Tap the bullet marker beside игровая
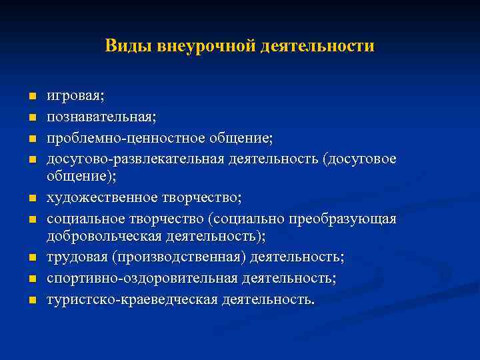(x=31, y=97)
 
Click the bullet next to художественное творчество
(x=31, y=199)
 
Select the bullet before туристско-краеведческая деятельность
(x=31, y=301)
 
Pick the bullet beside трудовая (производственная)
(x=31, y=258)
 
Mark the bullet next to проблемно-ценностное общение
(x=31, y=139)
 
